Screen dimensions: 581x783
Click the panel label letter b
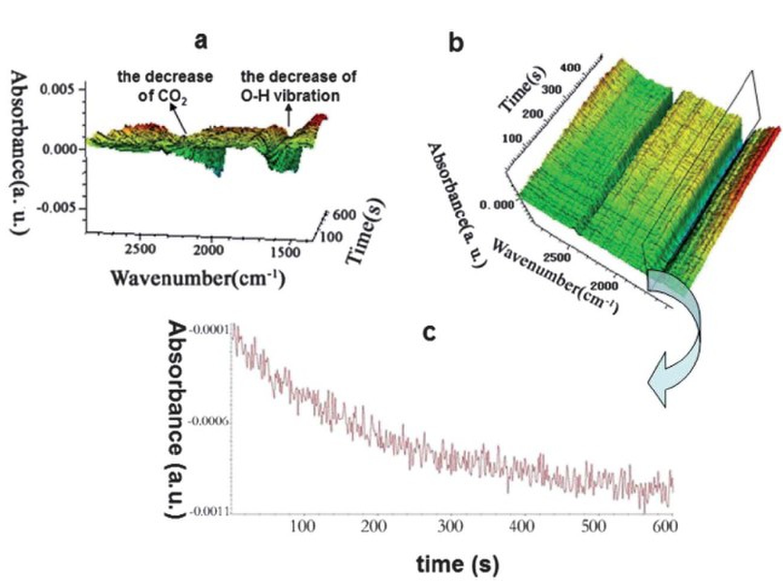(456, 43)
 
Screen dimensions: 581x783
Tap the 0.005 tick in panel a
(58, 90)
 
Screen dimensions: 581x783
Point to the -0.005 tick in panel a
(56, 208)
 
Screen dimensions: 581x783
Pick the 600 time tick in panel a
(344, 215)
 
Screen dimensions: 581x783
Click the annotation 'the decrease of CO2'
(165, 86)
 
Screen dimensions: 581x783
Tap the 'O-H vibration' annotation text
(298, 96)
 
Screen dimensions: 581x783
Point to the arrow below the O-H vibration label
(289, 116)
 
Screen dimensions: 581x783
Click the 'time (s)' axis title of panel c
(458, 564)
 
